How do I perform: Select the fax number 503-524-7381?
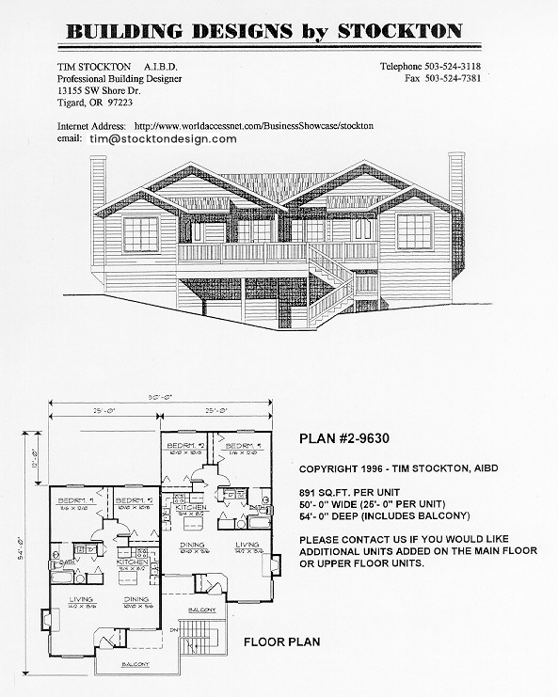[x=468, y=81]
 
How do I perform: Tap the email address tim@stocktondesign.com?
[x=163, y=138]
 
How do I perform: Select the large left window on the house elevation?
[x=141, y=233]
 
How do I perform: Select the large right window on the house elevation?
[x=414, y=230]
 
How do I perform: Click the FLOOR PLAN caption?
[x=282, y=642]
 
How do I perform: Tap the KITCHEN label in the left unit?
[x=130, y=562]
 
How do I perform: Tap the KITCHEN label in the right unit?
[x=175, y=507]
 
